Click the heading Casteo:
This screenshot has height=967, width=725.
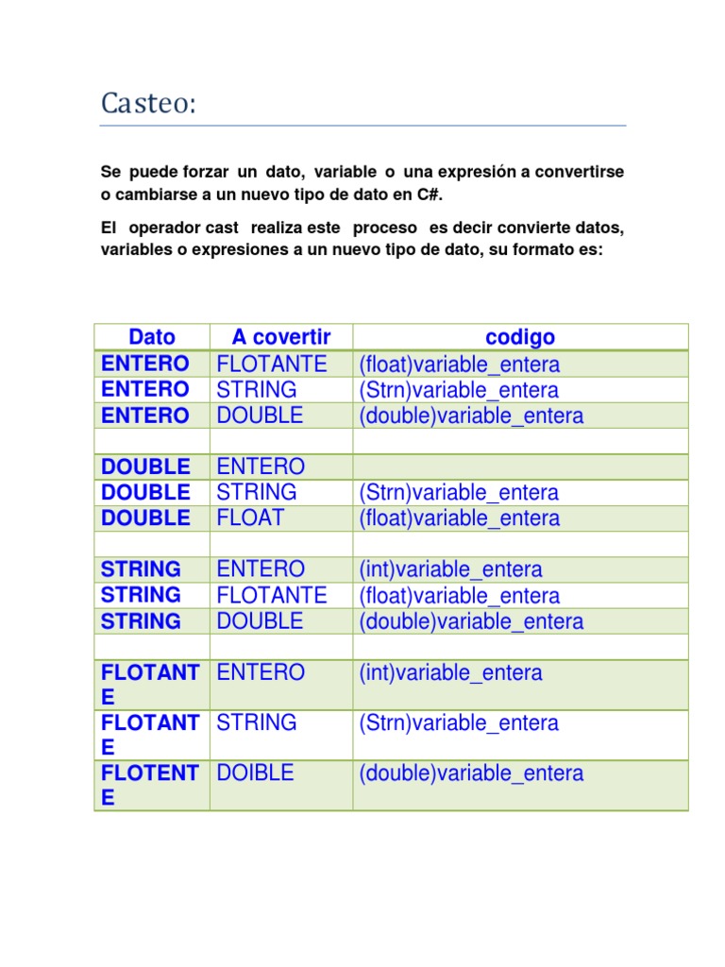(148, 103)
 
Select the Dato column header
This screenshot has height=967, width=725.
(152, 337)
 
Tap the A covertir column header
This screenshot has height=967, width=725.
(281, 337)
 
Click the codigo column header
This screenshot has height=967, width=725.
(520, 337)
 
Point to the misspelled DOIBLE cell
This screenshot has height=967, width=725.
(255, 773)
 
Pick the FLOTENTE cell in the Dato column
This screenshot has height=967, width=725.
(150, 785)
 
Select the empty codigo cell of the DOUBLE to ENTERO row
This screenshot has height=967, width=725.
(520, 467)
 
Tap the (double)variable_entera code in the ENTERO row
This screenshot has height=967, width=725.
(471, 416)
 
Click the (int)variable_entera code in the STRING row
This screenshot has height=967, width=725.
(450, 569)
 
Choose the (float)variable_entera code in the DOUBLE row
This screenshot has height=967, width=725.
(459, 518)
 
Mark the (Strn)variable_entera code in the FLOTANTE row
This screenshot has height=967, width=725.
(459, 723)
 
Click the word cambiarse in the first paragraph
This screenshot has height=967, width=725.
(154, 195)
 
